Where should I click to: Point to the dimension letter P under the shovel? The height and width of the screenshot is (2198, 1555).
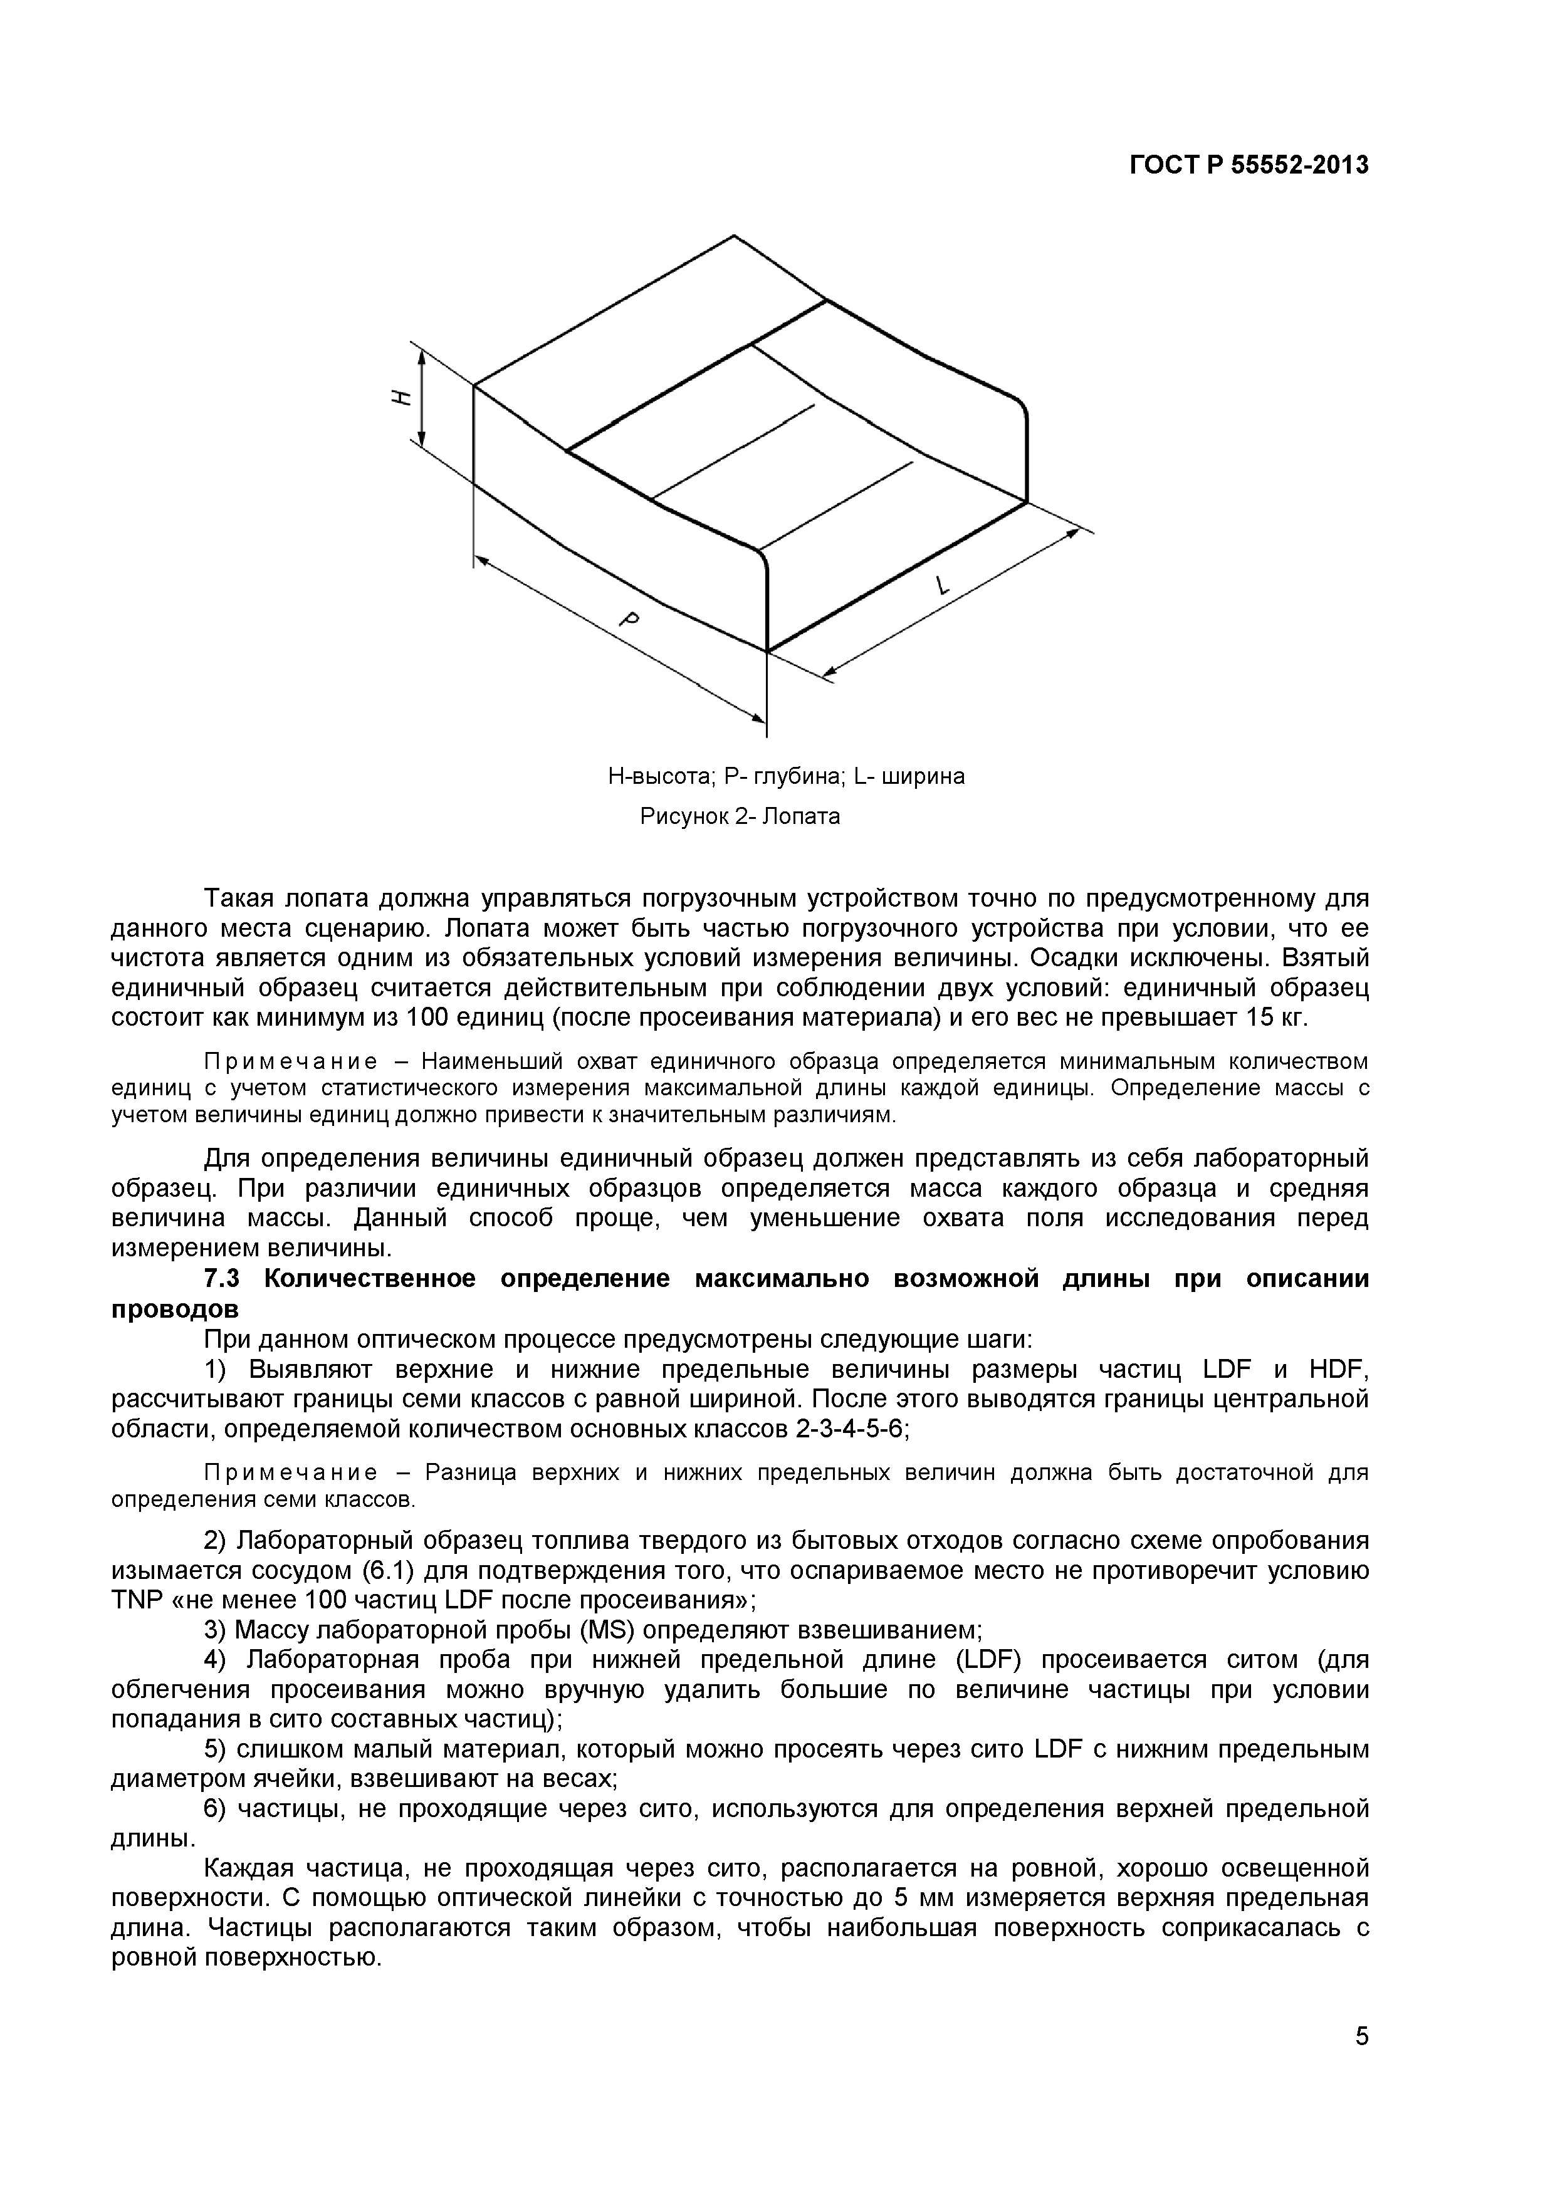point(629,620)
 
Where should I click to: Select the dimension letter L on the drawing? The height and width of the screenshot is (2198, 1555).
point(943,585)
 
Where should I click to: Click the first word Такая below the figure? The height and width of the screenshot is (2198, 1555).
point(240,899)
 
